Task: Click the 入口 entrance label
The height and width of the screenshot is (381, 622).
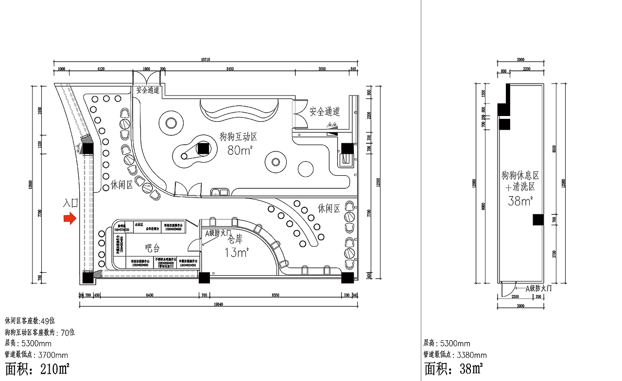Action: pos(70,203)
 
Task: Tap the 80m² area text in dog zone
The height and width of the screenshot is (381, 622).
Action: pos(239,150)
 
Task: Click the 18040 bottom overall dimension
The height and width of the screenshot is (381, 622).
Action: pos(218,305)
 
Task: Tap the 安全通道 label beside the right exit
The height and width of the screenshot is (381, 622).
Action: pos(325,112)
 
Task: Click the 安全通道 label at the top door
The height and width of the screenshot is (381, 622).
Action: pos(147,90)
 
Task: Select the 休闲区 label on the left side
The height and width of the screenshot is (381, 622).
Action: pos(121,185)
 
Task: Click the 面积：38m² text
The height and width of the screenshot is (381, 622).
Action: pos(454,369)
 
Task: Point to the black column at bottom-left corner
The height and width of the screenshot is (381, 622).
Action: pos(87,278)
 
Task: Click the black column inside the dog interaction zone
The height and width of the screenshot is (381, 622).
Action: pos(203,148)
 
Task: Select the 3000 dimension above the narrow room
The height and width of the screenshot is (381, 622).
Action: pos(520,60)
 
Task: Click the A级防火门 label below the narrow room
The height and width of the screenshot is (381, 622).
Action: pos(539,288)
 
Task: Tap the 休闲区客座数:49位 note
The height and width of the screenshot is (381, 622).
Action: pos(30,321)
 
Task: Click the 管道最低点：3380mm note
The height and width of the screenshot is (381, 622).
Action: pos(455,355)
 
